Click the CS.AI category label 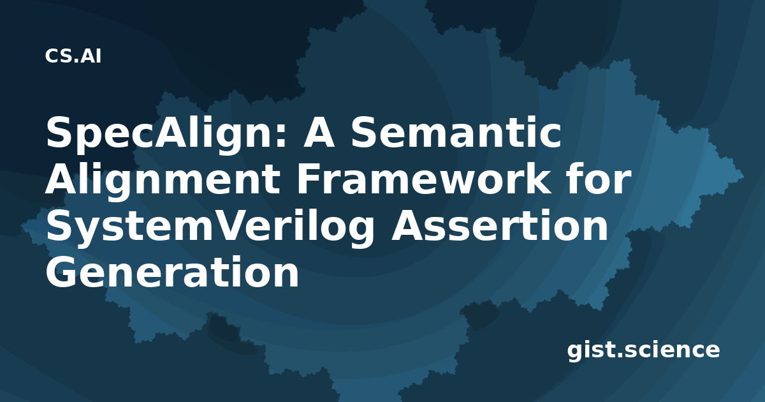coord(73,56)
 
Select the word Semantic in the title coord(456,132)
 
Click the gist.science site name coord(643,350)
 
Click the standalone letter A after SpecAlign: coord(319,133)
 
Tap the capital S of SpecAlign coord(59,132)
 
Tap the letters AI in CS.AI coord(91,56)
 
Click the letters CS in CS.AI coord(59,56)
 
